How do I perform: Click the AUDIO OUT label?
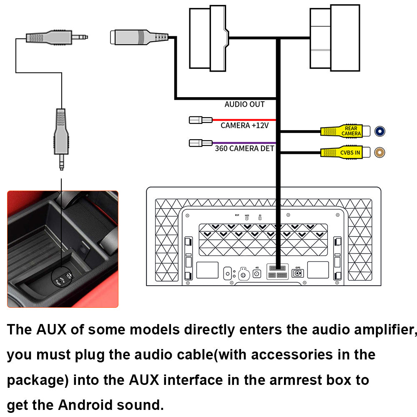point(244,104)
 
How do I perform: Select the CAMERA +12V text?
point(244,125)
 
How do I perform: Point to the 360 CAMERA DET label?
point(244,148)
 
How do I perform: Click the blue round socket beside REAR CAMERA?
point(380,131)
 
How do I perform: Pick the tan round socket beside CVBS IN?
point(380,153)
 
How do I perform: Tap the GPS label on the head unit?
point(298,268)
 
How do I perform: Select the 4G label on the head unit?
point(257,268)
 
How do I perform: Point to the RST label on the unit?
point(237,215)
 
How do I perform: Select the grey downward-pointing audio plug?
point(61,138)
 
